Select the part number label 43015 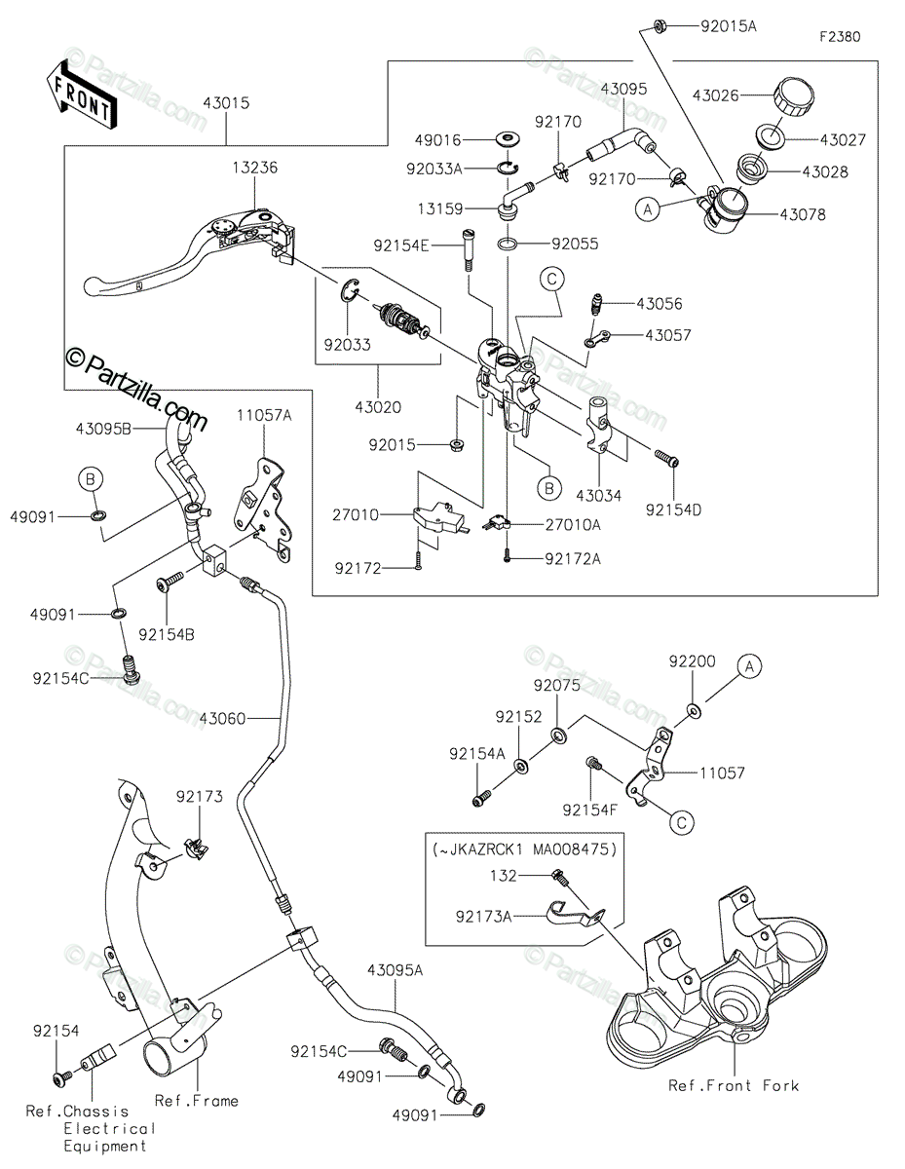pos(226,103)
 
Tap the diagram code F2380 pos(840,37)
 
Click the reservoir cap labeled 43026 pos(794,95)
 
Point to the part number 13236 pos(255,168)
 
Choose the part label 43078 pos(803,214)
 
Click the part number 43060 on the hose pos(222,718)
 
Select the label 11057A pos(264,415)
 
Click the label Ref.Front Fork pos(734,1085)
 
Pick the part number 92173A pos(483,916)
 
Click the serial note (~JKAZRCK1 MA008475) pos(525,849)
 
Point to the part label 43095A pos(396,970)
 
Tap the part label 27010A pos(573,524)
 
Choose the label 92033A pos(434,169)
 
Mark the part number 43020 pos(378,407)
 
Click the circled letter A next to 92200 pos(749,666)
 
